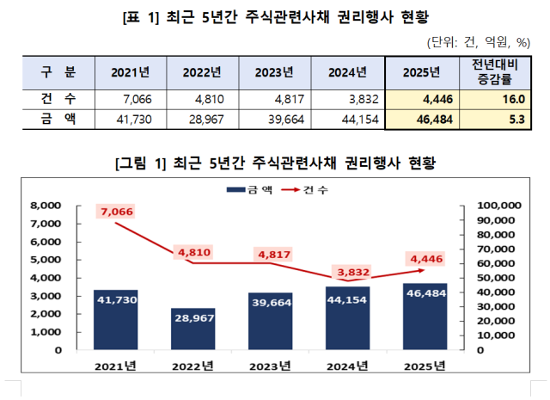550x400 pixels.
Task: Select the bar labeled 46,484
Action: (425, 316)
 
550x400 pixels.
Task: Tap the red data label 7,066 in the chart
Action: (116, 212)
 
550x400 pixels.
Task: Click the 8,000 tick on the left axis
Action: (45, 206)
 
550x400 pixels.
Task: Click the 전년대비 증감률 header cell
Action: (494, 71)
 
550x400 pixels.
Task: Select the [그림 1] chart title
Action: (275, 161)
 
